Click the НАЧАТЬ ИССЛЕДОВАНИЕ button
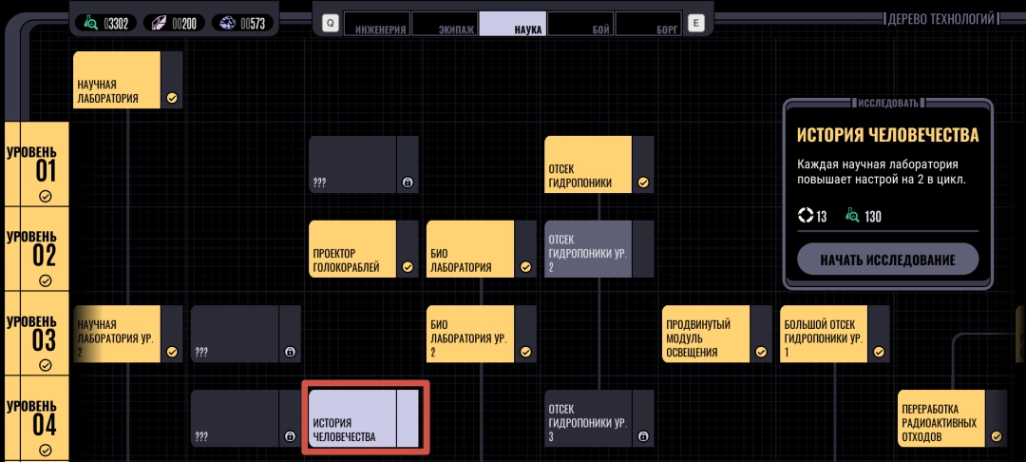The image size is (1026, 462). (x=887, y=259)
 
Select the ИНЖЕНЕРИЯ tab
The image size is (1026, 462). (x=376, y=24)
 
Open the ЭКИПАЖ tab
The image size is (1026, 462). (x=444, y=24)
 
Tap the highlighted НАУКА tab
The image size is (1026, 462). (x=512, y=24)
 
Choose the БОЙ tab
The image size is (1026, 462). (x=579, y=24)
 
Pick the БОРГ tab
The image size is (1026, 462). (x=648, y=24)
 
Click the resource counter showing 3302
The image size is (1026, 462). (x=105, y=23)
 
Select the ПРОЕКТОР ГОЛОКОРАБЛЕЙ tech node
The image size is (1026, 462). (x=352, y=249)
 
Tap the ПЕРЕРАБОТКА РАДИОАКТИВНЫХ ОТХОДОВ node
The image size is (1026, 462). (x=941, y=418)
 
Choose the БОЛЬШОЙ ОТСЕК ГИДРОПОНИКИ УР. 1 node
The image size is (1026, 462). (x=824, y=334)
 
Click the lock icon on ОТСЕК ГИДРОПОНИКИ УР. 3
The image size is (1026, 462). (x=643, y=436)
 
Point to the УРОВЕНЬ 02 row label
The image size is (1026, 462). (x=37, y=249)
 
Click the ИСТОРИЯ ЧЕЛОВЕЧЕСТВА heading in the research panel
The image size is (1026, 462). (x=887, y=136)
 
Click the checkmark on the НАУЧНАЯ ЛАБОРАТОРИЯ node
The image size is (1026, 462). (x=172, y=97)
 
